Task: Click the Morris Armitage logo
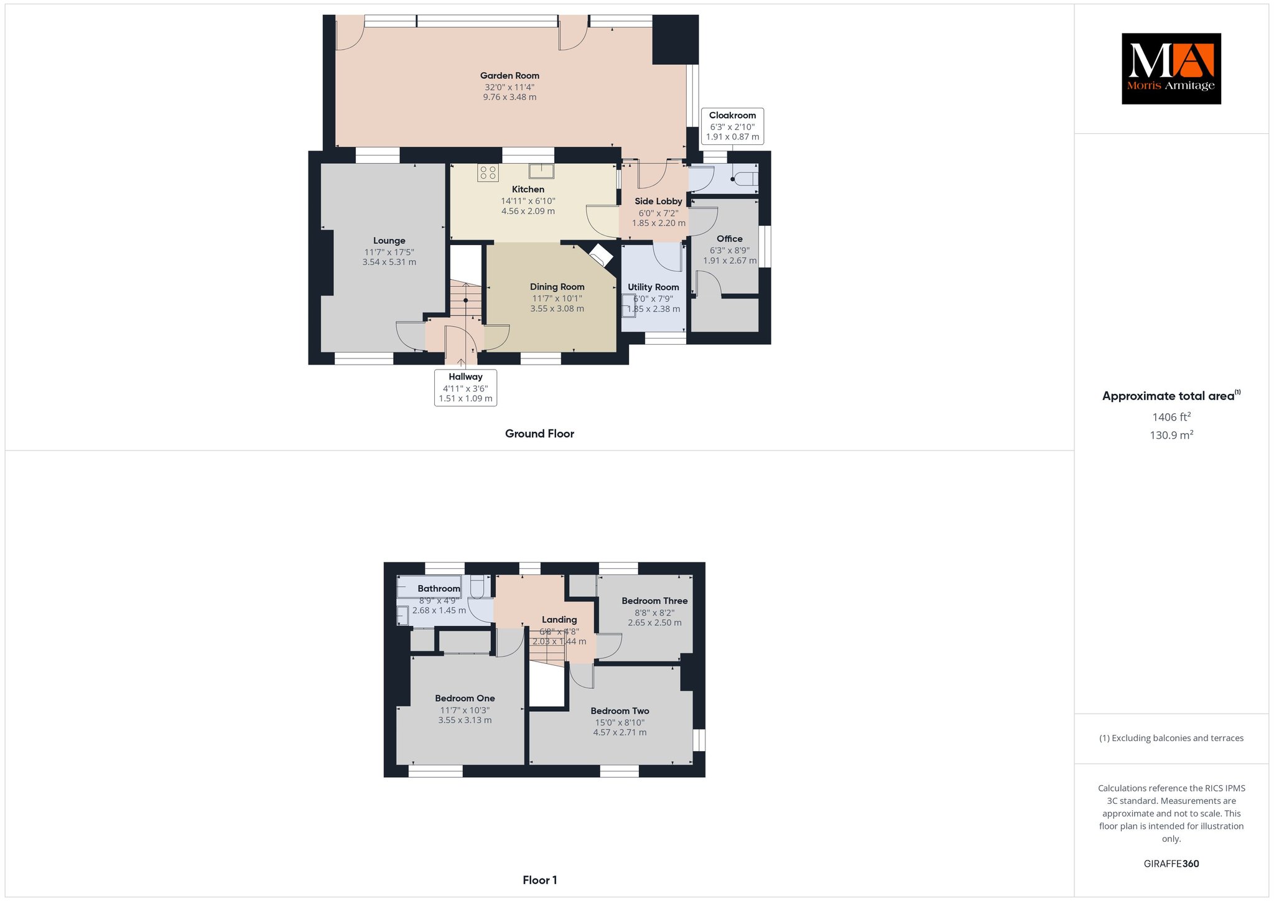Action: coord(1171,68)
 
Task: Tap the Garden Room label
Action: coord(509,76)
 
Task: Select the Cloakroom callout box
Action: coord(732,126)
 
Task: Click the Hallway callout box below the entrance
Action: coord(465,388)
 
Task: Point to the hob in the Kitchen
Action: coord(488,172)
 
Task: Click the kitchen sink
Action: coord(542,170)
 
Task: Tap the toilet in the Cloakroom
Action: coord(744,179)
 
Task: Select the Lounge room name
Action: coord(389,241)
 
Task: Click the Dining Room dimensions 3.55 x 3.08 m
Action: coord(557,309)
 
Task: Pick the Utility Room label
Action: coord(653,287)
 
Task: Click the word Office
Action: coord(730,239)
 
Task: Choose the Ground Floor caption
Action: coord(539,434)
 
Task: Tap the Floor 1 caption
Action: coord(540,880)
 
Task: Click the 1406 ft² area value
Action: coord(1171,417)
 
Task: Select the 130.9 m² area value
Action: coord(1171,435)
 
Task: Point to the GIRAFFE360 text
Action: coord(1171,864)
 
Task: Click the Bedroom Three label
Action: coord(654,601)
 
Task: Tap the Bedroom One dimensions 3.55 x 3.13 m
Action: coord(465,721)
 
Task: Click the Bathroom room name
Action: coord(439,589)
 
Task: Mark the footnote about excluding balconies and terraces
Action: coord(1171,739)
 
